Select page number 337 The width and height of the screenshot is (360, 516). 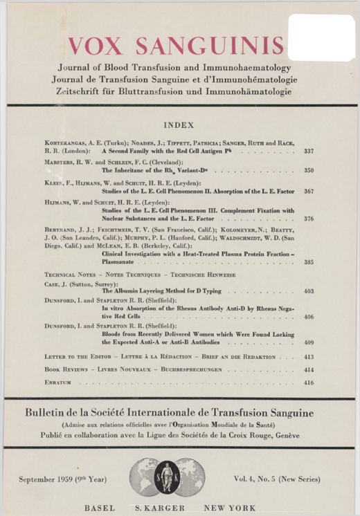tap(308, 150)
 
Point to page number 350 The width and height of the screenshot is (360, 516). tap(308, 169)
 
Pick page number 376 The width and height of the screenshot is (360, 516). tap(308, 219)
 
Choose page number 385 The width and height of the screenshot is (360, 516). tap(308, 262)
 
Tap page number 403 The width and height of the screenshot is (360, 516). tap(308, 292)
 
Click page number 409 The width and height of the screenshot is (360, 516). tap(308, 341)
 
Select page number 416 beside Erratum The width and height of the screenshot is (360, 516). tap(308, 382)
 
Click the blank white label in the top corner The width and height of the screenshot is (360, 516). tap(321, 37)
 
